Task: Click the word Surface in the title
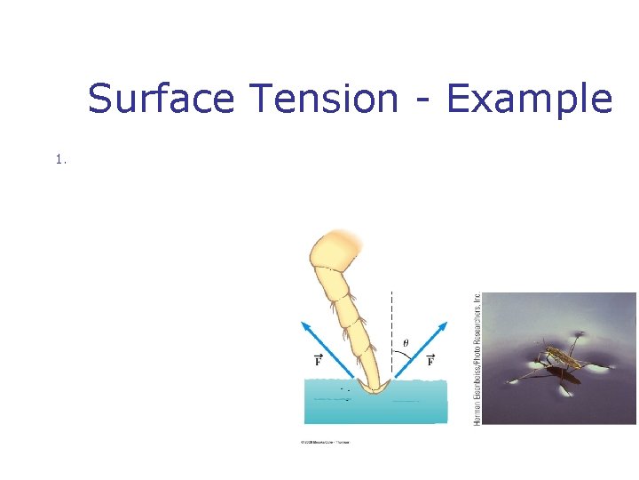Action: [161, 99]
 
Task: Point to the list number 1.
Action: [59, 160]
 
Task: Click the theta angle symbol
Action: [406, 343]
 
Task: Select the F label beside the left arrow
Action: [317, 360]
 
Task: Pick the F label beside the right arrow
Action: [430, 360]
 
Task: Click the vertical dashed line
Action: [391, 320]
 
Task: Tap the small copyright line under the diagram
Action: [326, 442]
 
